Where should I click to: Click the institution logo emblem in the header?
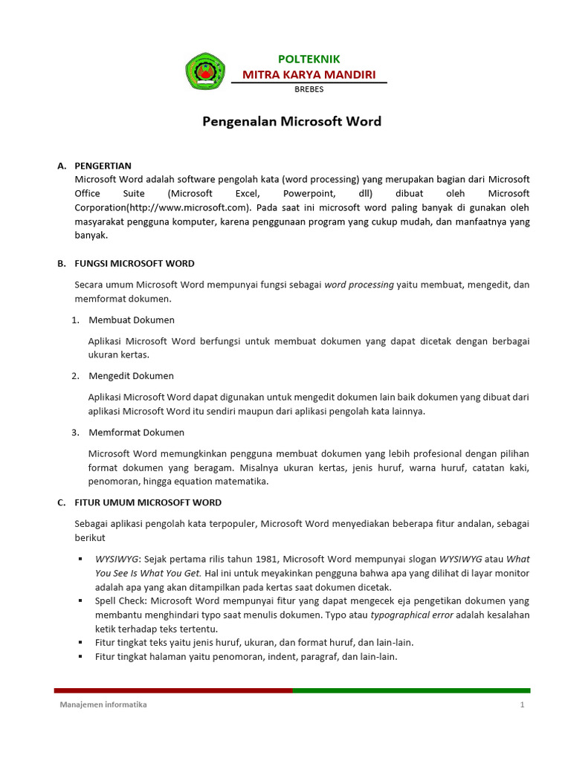(x=204, y=72)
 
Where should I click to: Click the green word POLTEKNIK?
(x=309, y=59)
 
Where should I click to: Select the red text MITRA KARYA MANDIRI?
(x=309, y=74)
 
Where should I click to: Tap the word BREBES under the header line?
(x=309, y=90)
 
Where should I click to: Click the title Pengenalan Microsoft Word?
(x=291, y=122)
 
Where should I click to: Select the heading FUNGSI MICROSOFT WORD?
(x=135, y=264)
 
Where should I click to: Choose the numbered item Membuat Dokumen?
(x=132, y=320)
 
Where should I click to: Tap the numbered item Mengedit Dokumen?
(x=131, y=376)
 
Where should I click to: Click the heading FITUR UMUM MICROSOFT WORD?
(x=148, y=503)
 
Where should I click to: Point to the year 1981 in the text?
(x=268, y=559)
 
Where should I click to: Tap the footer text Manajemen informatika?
(x=103, y=705)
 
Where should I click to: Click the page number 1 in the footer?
(x=523, y=705)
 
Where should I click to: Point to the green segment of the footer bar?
(x=411, y=690)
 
